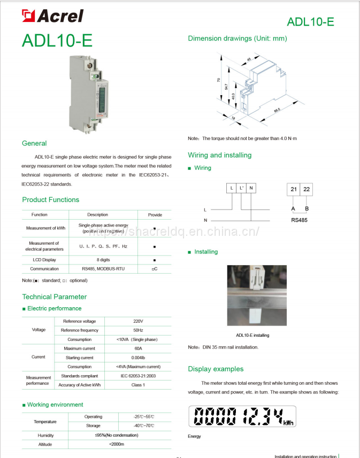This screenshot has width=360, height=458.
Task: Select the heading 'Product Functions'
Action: [50, 200]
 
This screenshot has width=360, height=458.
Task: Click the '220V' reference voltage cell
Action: [138, 321]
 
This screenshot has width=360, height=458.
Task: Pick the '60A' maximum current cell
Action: [138, 348]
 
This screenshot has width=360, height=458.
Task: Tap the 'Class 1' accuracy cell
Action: [138, 385]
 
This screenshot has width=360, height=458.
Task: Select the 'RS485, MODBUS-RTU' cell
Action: [103, 269]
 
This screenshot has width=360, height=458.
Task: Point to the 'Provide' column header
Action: [155, 215]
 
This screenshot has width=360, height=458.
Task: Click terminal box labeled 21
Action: [294, 189]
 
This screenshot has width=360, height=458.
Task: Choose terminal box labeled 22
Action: [307, 189]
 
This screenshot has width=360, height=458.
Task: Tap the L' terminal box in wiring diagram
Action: [241, 188]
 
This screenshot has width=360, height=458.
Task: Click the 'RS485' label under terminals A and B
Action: [300, 219]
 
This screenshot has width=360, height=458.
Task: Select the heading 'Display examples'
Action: [216, 369]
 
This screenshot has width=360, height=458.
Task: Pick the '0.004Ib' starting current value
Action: [138, 358]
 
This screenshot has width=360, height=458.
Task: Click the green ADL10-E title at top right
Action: [310, 22]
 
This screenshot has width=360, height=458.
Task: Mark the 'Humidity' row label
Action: [45, 436]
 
